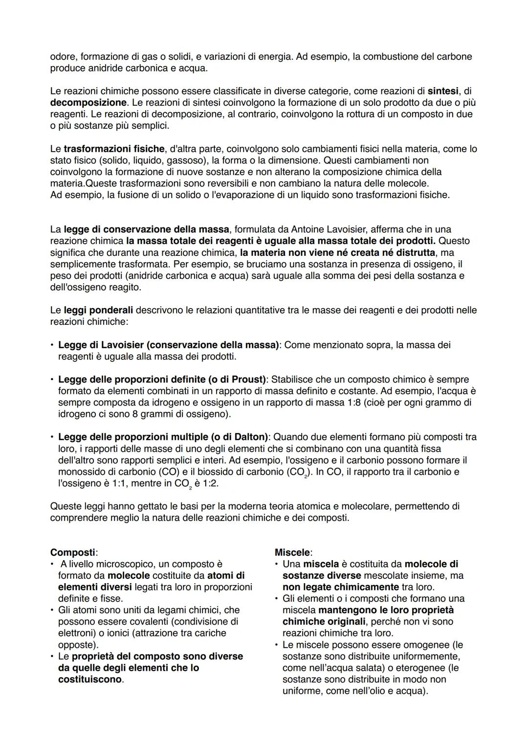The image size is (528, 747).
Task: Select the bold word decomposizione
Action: [x=88, y=103]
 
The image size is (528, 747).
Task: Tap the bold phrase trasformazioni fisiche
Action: [x=114, y=149]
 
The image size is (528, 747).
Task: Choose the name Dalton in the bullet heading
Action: [x=249, y=437]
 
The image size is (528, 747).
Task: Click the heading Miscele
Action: [x=292, y=552]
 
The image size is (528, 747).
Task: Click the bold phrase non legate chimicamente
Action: [x=341, y=587]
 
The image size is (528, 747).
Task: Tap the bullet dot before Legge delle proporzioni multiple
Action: [x=52, y=437]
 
